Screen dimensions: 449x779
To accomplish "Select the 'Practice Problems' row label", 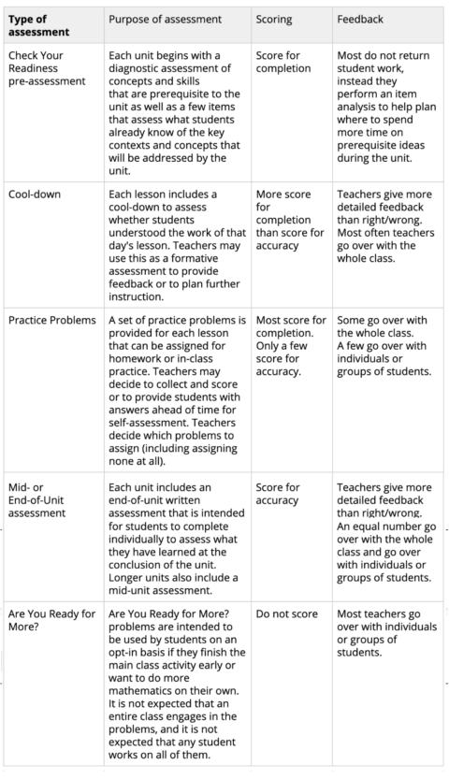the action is click(x=51, y=321).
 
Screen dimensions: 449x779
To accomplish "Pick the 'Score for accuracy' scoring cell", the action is click(x=278, y=494).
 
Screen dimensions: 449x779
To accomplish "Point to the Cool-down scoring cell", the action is click(x=289, y=220).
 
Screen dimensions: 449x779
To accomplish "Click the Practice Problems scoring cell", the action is click(x=290, y=346).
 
